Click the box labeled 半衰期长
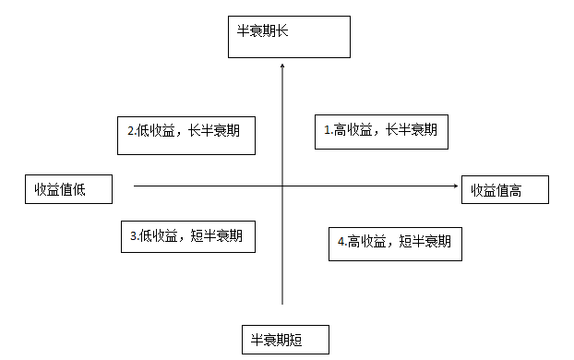pyautogui.click(x=289, y=37)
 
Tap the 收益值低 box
pyautogui.click(x=67, y=189)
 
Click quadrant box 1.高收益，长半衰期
pyautogui.click(x=381, y=131)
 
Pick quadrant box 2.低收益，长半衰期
pyautogui.click(x=185, y=133)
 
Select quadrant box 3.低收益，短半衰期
pyautogui.click(x=187, y=235)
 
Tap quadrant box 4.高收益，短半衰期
pyautogui.click(x=394, y=242)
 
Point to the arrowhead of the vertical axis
pyautogui.click(x=282, y=66)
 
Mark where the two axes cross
pyautogui.click(x=282, y=186)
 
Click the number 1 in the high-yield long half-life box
pyautogui.click(x=328, y=131)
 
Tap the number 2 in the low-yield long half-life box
pyautogui.click(x=131, y=132)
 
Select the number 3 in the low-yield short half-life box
pyautogui.click(x=134, y=236)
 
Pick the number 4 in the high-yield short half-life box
pyautogui.click(x=341, y=242)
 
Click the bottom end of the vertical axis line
pyautogui.click(x=282, y=303)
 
